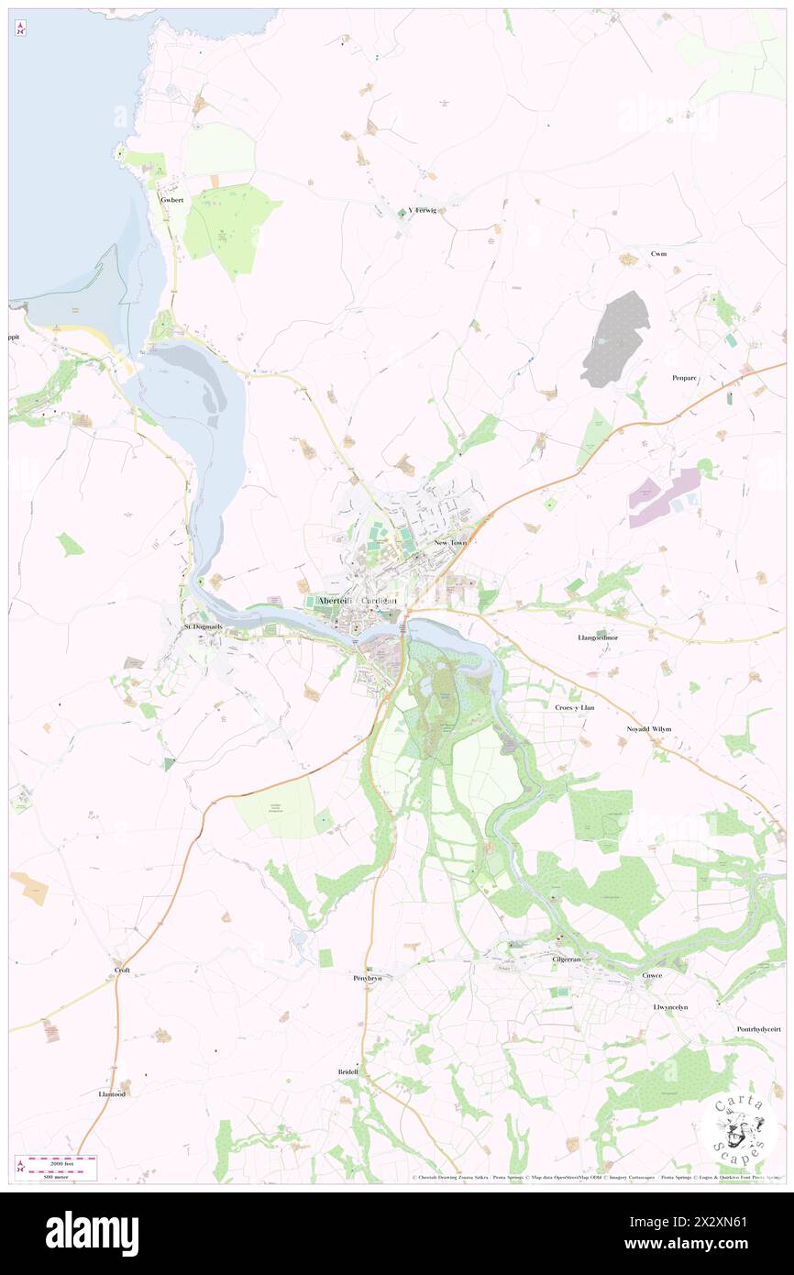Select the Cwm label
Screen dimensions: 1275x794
click(658, 253)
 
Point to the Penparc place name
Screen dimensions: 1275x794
click(686, 377)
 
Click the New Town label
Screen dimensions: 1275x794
click(450, 543)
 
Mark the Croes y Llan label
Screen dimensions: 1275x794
click(575, 707)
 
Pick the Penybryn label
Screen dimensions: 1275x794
click(367, 979)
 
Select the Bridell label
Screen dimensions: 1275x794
click(350, 1071)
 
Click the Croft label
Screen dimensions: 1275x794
click(122, 970)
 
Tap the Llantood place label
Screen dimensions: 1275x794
click(111, 1094)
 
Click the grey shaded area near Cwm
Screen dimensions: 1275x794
click(615, 338)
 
